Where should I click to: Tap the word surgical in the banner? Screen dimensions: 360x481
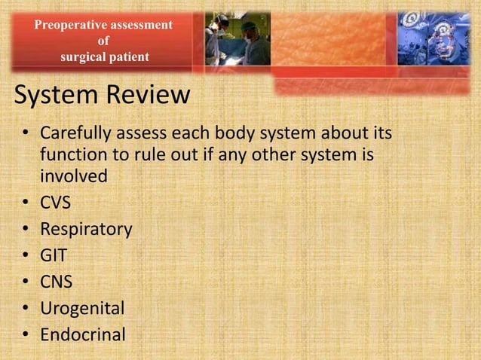tap(84, 56)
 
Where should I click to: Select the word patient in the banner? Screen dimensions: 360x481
tap(130, 56)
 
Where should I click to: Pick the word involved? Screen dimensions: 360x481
tap(73, 176)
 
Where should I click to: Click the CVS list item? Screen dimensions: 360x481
tap(56, 203)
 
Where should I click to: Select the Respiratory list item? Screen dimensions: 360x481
tap(86, 229)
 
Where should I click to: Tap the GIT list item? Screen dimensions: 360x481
tap(54, 255)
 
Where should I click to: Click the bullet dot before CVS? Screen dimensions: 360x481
tap(25, 203)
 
